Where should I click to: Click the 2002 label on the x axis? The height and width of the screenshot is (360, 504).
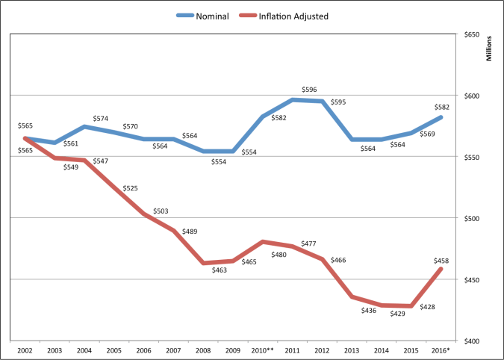click(24, 349)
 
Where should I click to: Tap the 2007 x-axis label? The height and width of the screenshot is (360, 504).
click(173, 349)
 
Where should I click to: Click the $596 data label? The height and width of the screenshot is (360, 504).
click(309, 90)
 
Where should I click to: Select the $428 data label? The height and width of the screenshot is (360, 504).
click(427, 307)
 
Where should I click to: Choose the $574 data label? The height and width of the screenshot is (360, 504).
click(102, 118)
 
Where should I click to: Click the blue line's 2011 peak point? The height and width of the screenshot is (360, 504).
click(293, 99)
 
